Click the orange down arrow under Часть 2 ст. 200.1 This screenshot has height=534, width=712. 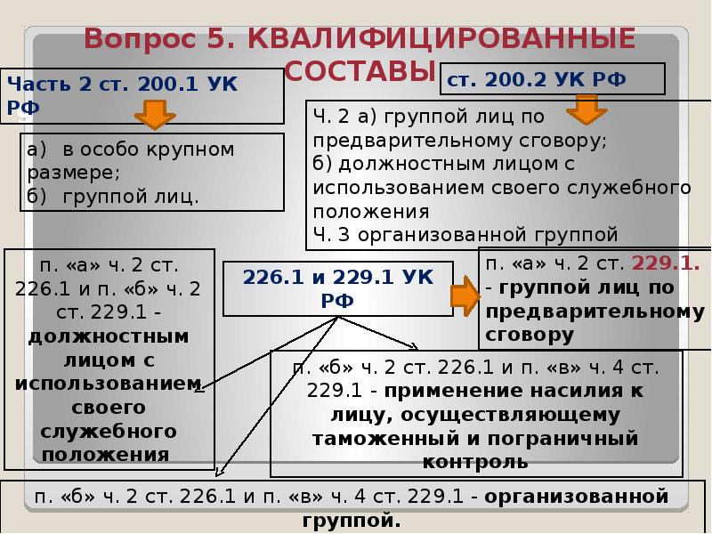tap(154, 115)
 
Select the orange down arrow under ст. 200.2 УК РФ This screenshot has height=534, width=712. tap(587, 108)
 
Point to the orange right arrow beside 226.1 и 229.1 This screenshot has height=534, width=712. tap(464, 295)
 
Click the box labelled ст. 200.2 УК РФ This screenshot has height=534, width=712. tap(552, 78)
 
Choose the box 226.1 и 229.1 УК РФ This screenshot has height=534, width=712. tap(337, 288)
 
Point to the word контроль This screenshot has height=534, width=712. tap(475, 462)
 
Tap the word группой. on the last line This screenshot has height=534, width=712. tap(351, 520)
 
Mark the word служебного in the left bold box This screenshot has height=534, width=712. tap(109, 431)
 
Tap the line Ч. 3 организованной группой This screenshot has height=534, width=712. tap(465, 235)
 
